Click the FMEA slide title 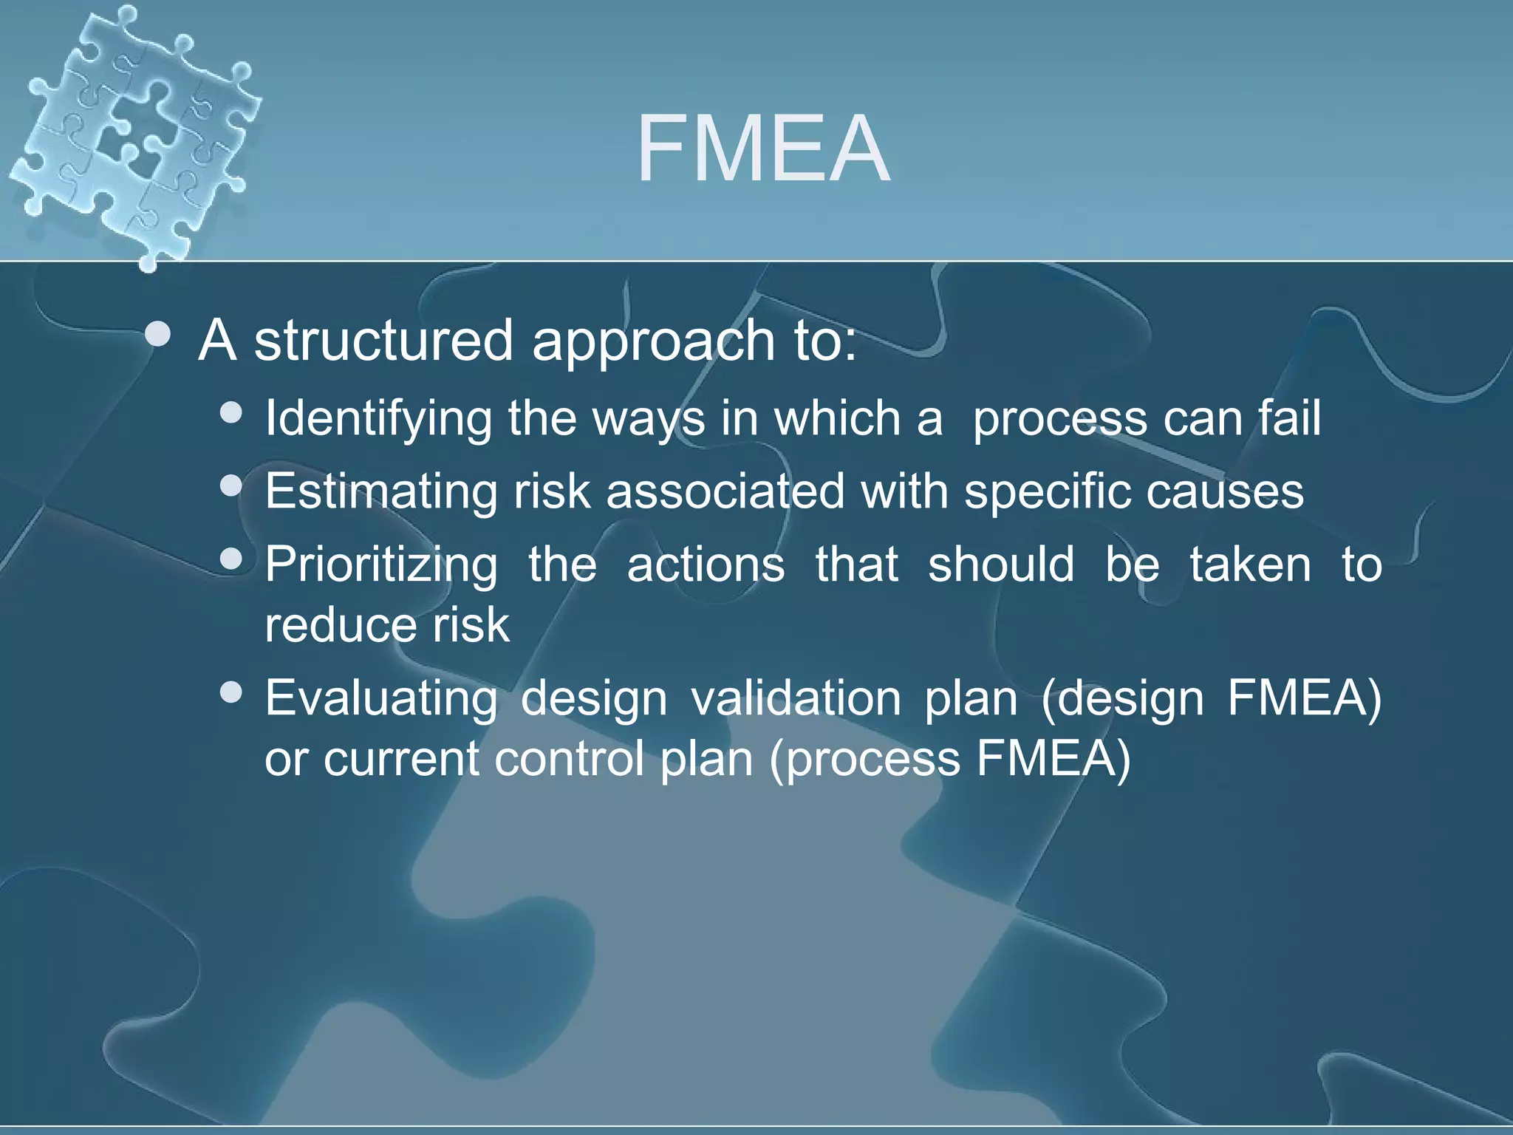click(763, 150)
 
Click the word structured click(383, 341)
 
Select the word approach click(652, 342)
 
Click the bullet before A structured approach click(158, 335)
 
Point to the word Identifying click(378, 419)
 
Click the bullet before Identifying click(232, 412)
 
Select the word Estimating click(380, 491)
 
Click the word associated click(725, 491)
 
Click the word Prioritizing click(381, 565)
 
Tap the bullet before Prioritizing click(232, 559)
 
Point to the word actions click(706, 565)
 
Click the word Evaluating click(381, 698)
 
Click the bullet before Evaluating click(232, 692)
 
